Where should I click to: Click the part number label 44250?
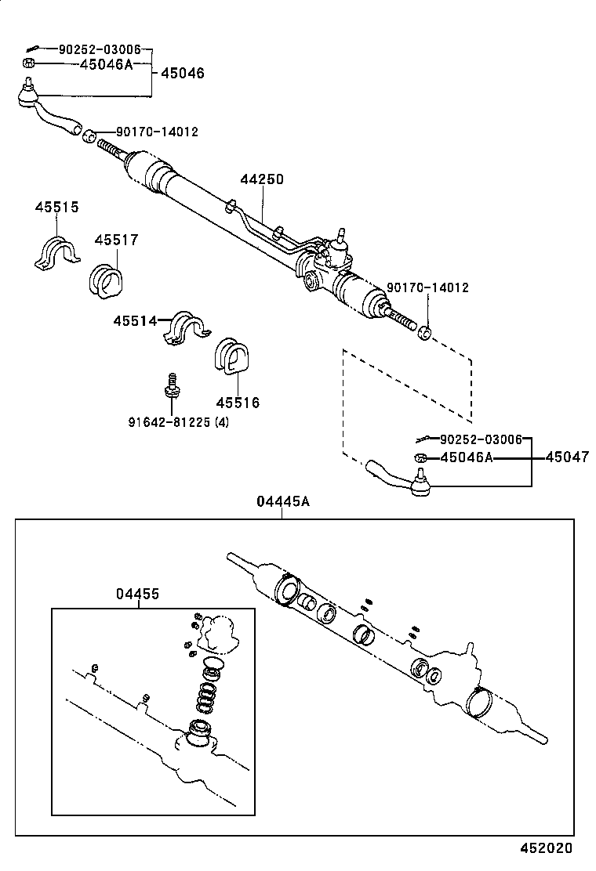[x=261, y=179]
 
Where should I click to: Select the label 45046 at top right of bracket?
[x=182, y=73]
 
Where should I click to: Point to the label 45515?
[x=56, y=207]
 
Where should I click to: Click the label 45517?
[x=116, y=240]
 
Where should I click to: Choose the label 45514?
[x=135, y=320]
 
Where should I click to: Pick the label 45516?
[x=238, y=403]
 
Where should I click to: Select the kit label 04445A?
[x=283, y=501]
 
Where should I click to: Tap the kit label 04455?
[x=138, y=594]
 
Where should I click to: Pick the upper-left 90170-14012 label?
[x=157, y=132]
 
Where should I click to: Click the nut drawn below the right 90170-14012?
[x=424, y=331]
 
